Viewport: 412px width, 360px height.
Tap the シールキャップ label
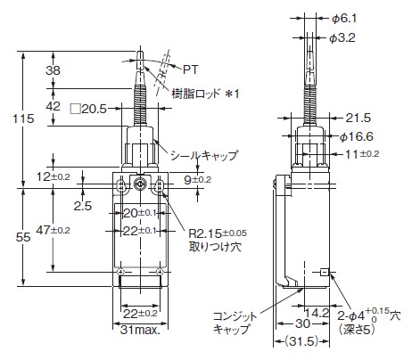point(204,154)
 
